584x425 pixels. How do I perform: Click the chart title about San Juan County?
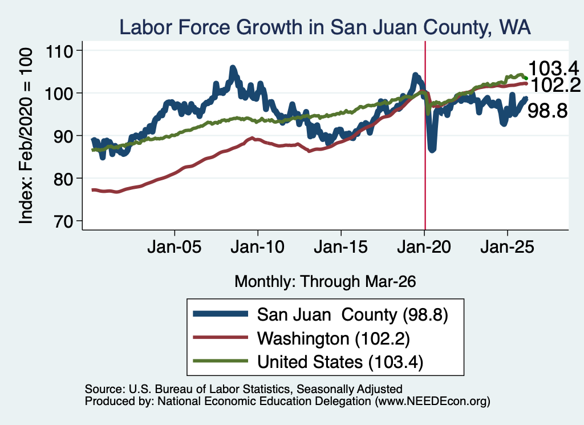(325, 27)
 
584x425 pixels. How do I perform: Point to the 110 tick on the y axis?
(59, 51)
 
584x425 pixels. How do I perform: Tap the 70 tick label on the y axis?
(59, 221)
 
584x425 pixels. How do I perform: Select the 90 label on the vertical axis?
(59, 136)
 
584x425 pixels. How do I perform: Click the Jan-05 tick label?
(175, 247)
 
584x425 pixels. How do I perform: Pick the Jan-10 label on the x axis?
(257, 247)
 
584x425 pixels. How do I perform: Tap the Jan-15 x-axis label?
(341, 247)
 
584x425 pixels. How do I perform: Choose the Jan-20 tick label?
(424, 247)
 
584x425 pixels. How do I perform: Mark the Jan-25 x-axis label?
(507, 247)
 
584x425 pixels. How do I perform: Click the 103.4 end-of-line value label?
(553, 68)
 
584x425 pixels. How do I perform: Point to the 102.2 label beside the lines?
(555, 86)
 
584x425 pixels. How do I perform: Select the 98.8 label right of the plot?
(547, 111)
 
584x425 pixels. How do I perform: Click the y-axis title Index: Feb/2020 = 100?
(26, 136)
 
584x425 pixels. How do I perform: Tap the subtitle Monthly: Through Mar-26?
(325, 281)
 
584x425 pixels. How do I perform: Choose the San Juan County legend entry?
(321, 315)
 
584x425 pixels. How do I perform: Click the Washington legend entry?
(301, 339)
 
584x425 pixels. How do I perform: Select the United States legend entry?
(308, 362)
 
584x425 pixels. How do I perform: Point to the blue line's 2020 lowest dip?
(432, 149)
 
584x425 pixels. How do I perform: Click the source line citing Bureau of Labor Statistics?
(244, 389)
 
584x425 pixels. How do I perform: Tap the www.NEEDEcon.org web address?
(432, 401)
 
